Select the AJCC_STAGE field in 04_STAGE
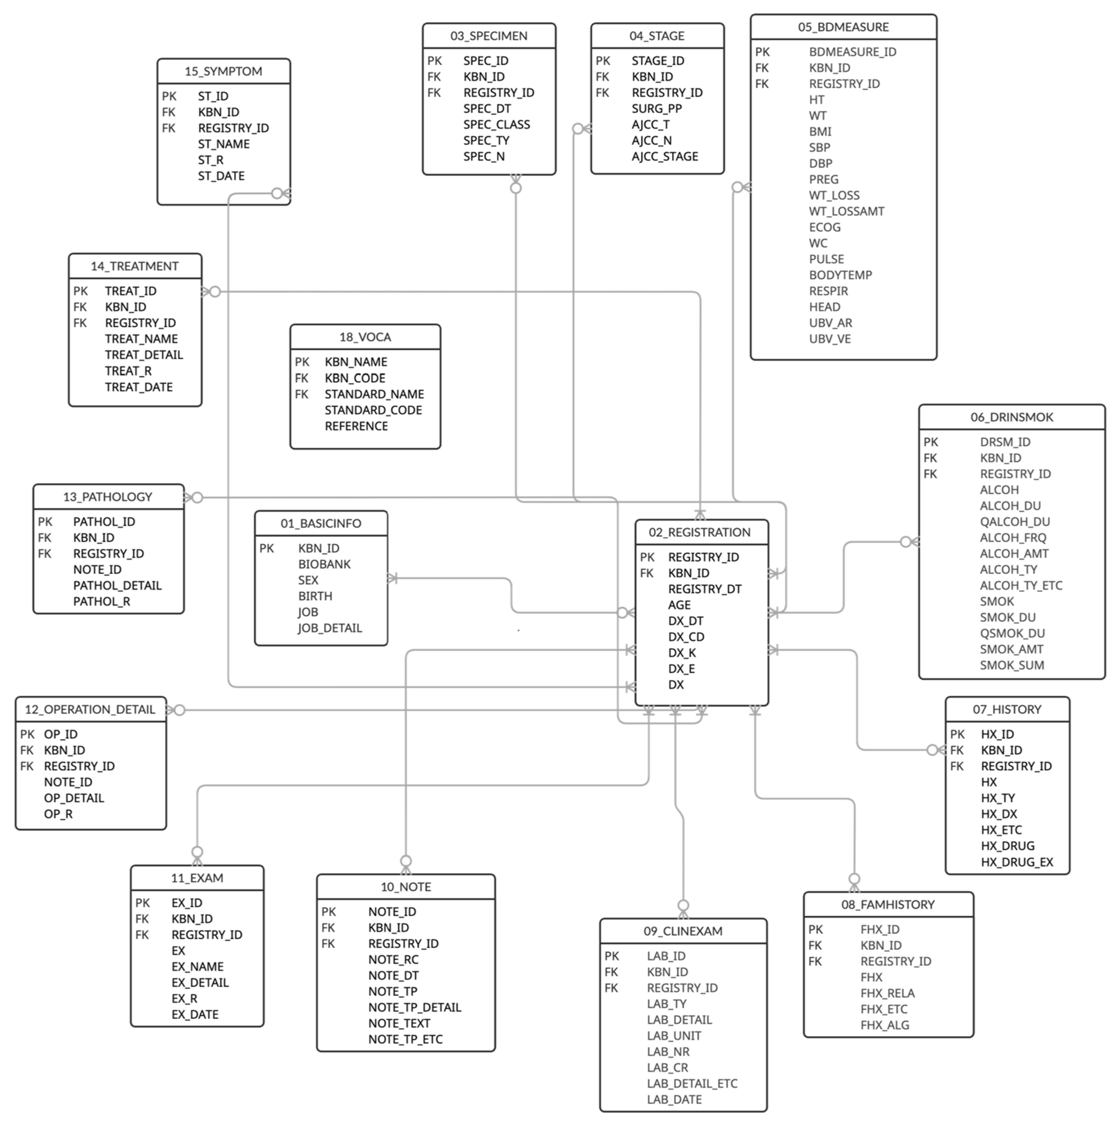(664, 157)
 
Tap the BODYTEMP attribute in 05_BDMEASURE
(840, 275)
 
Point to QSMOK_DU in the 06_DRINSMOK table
(1012, 633)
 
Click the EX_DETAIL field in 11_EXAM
(200, 983)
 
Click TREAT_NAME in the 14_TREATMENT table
(141, 339)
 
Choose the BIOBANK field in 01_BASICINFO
(324, 564)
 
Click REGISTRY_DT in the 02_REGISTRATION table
(704, 589)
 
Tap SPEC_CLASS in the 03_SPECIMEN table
(496, 125)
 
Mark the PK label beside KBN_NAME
(302, 362)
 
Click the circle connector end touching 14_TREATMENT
(215, 292)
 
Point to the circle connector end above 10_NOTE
(406, 860)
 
